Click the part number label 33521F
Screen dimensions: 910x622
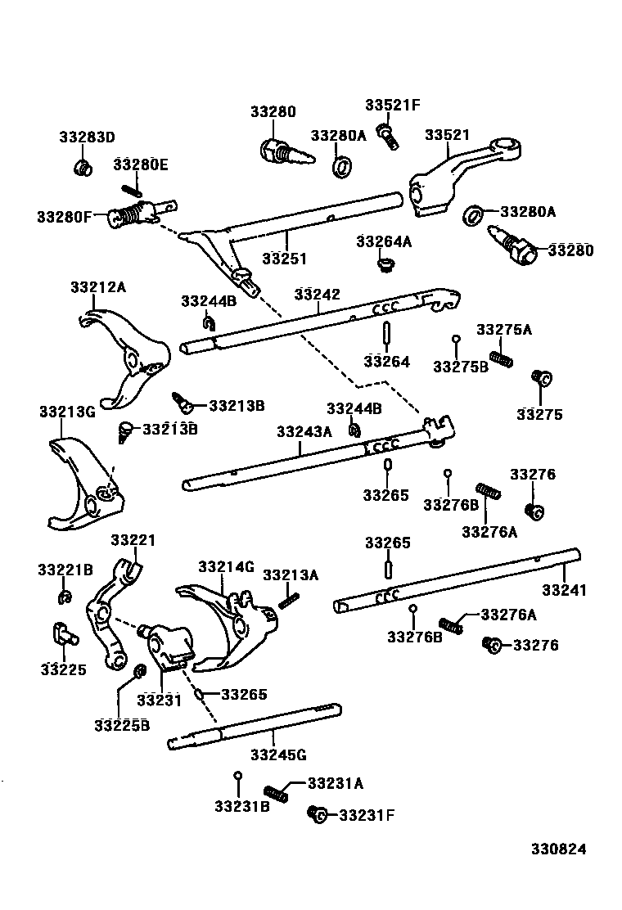(x=392, y=105)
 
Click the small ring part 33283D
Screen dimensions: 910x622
(x=81, y=169)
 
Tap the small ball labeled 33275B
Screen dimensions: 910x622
(x=456, y=339)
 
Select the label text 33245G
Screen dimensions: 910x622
(x=279, y=755)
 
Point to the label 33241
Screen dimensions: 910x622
(x=564, y=590)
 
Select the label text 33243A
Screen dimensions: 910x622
(x=304, y=432)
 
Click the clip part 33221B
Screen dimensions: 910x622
(x=65, y=600)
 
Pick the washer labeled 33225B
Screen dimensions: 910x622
(x=139, y=673)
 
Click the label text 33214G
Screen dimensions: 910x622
(x=226, y=567)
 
